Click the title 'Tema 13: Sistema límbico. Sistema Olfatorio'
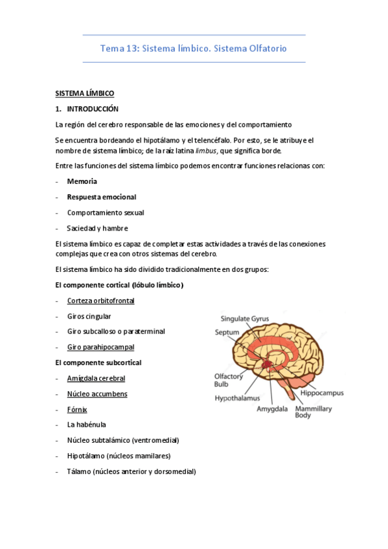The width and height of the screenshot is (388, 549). coord(194,49)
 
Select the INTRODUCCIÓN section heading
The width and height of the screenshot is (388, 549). coord(93,109)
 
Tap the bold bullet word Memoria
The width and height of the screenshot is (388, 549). coord(82,181)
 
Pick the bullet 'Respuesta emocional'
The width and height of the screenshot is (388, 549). coord(101,197)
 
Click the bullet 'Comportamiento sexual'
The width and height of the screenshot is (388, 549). coord(105,212)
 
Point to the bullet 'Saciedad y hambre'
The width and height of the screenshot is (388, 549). coord(97,228)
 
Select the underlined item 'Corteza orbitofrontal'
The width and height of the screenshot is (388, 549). coord(100,300)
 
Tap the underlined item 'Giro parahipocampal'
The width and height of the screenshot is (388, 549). coord(100,347)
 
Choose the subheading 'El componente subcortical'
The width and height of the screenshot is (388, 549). coord(98,363)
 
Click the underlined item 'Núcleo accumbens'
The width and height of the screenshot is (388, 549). coord(97,394)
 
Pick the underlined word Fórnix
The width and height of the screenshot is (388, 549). coord(76,409)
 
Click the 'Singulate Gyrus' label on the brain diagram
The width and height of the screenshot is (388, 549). coord(244,319)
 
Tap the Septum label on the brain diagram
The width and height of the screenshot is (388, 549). coord(227,332)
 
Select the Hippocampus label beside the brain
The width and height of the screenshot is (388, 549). coord(321,392)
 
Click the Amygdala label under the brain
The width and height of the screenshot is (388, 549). coord(272,409)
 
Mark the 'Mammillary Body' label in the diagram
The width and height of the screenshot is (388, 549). coord(314,412)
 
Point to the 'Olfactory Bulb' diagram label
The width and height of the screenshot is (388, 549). coord(229,379)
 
